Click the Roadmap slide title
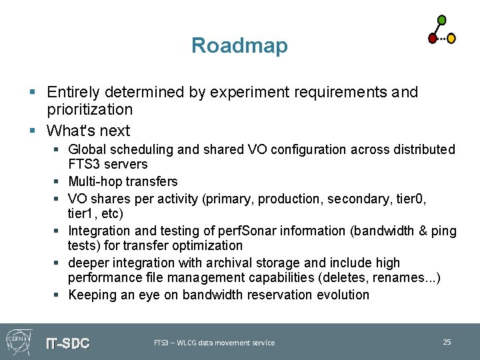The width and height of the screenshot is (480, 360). click(x=239, y=45)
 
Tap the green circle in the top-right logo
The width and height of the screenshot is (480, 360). click(x=441, y=20)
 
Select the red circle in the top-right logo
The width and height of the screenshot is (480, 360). click(x=433, y=39)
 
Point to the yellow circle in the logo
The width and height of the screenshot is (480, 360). click(x=451, y=39)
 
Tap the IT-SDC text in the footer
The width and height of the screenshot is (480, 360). click(x=67, y=343)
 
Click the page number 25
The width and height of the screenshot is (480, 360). click(x=447, y=342)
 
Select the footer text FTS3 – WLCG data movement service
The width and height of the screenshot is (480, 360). click(x=214, y=343)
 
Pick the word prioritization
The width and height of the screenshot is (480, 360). click(x=90, y=109)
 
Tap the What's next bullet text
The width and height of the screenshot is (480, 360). click(x=89, y=131)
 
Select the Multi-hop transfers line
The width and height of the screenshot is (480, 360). click(x=123, y=181)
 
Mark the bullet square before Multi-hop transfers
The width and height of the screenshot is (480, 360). click(x=59, y=181)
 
